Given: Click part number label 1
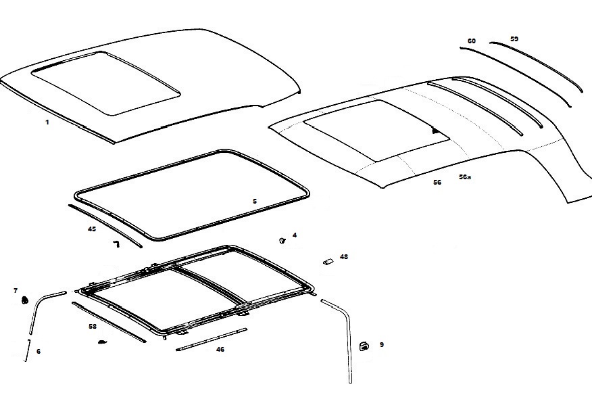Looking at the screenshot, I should click(x=47, y=122).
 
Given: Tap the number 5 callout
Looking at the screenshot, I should click(x=255, y=201).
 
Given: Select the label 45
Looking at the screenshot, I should click(x=92, y=229).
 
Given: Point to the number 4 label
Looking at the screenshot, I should click(x=295, y=235).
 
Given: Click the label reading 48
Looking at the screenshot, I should click(x=344, y=257).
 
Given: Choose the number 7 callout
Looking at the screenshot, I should click(x=16, y=290).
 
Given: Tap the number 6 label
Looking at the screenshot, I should click(x=38, y=351).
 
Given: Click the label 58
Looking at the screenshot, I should click(x=93, y=326).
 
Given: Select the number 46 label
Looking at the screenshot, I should click(x=220, y=349).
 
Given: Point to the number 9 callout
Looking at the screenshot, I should click(x=381, y=344).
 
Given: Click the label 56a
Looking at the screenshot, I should click(x=465, y=177).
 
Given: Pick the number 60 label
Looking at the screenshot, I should click(x=471, y=41).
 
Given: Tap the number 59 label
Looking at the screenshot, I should click(x=514, y=39).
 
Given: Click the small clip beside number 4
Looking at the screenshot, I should click(x=282, y=239).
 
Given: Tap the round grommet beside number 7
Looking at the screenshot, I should click(x=25, y=300).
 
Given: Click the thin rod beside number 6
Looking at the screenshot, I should click(x=28, y=350).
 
